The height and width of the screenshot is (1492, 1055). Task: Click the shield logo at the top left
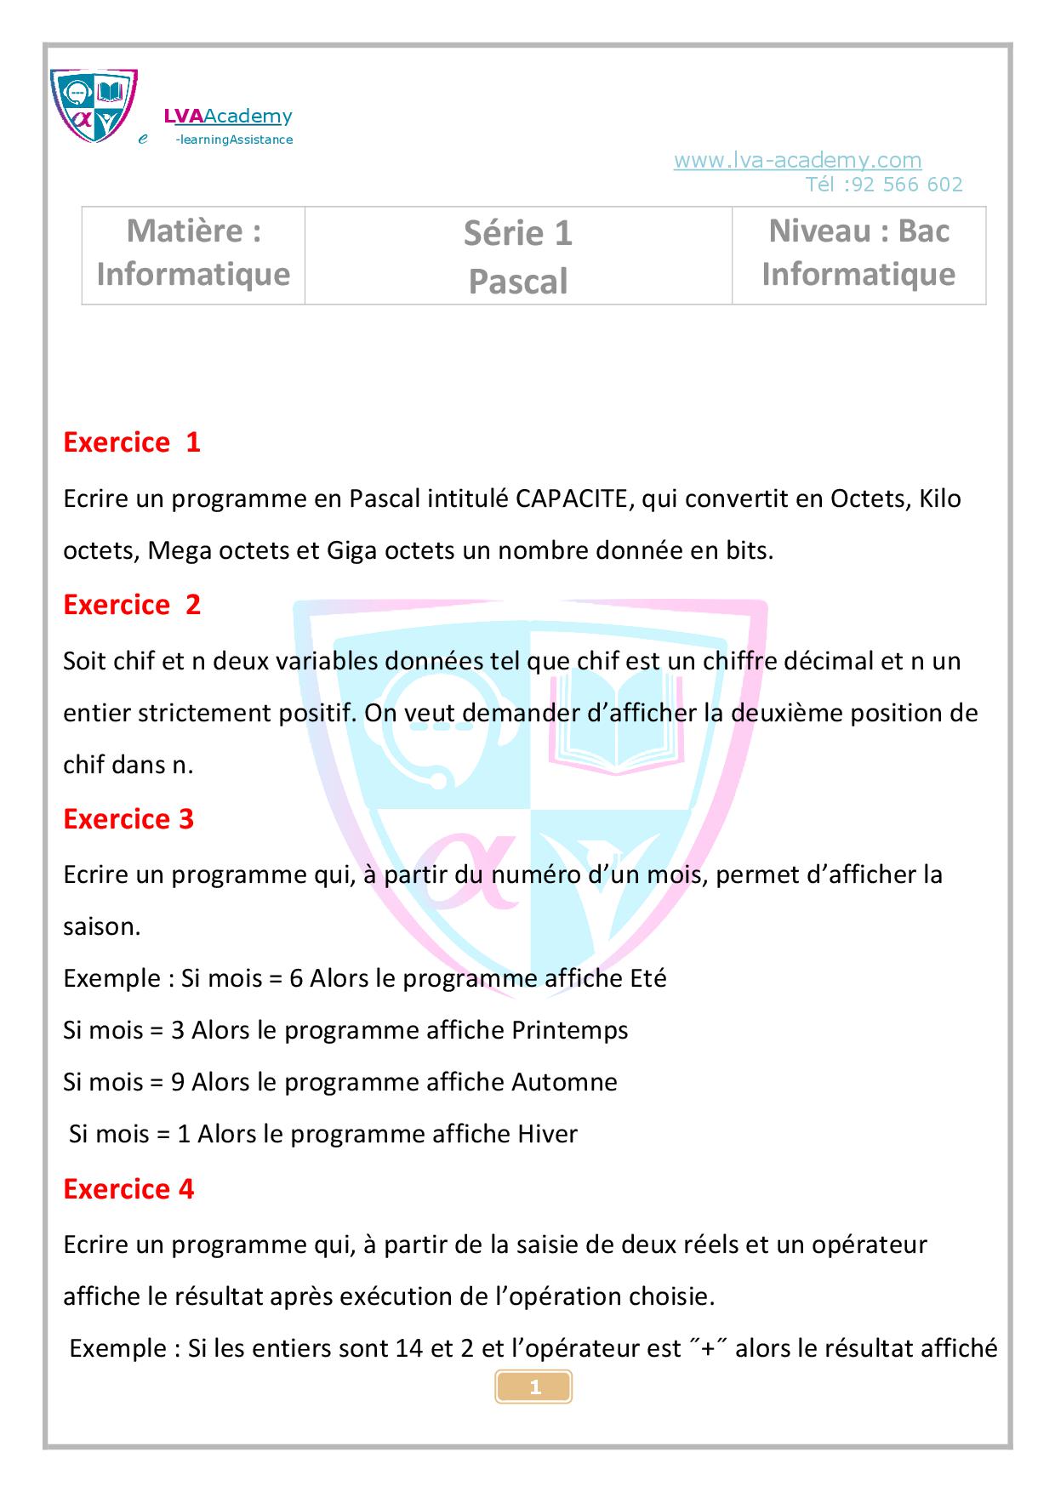pos(94,105)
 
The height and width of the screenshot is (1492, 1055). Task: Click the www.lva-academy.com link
pos(797,160)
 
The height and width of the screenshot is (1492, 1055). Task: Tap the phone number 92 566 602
pos(906,185)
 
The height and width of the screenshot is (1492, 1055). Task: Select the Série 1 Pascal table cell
pos(518,256)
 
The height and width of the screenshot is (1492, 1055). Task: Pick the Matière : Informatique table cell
pos(193,253)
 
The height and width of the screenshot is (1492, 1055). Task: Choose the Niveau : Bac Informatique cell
pos(858,253)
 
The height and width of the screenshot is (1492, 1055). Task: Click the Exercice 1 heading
pos(132,442)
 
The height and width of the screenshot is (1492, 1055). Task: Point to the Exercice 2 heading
pos(132,605)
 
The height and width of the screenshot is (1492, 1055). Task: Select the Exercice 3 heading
pos(128,819)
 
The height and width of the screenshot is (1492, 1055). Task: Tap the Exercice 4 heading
pos(128,1189)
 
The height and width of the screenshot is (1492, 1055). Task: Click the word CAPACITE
pos(571,498)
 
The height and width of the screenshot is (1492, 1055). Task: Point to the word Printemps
pos(569,1031)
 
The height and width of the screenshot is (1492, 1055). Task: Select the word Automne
pos(564,1083)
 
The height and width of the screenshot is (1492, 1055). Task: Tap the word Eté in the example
pos(647,979)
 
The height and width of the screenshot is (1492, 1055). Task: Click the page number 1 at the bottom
pos(534,1387)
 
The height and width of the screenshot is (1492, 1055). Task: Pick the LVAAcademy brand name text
pos(228,117)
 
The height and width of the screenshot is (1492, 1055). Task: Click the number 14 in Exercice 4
pos(413,1349)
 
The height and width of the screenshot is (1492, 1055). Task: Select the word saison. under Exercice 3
pos(101,927)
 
